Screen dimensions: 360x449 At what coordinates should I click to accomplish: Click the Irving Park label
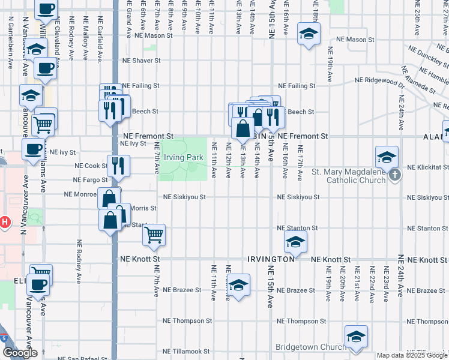tap(184, 158)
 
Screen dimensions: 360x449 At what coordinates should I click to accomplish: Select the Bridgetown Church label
tap(310, 347)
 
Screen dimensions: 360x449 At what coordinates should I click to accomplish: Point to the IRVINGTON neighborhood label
tap(271, 259)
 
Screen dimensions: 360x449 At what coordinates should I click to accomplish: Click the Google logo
tap(20, 353)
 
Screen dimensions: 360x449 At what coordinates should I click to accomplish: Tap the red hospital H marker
tap(5, 223)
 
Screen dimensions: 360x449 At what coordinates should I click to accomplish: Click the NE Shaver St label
tap(141, 61)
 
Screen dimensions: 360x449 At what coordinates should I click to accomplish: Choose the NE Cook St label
tap(91, 166)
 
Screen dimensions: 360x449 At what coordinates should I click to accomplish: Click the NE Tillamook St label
tap(186, 352)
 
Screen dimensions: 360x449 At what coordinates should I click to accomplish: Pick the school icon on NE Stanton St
tap(295, 242)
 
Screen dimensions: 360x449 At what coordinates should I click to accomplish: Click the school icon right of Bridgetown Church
tap(356, 337)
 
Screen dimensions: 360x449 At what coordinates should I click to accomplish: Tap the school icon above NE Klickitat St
tap(387, 157)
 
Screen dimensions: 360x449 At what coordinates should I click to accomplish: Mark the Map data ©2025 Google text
tap(412, 355)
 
